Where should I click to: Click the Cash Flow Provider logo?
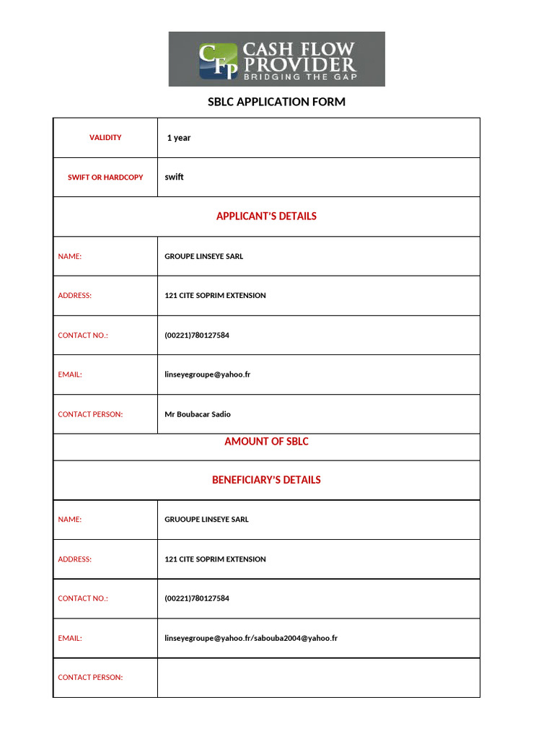click(277, 59)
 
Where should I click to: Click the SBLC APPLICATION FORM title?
click(277, 102)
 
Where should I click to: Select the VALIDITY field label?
click(105, 137)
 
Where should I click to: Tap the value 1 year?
click(179, 138)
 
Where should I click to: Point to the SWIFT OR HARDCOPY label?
click(105, 177)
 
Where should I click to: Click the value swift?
click(174, 177)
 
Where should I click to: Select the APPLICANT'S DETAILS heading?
click(266, 216)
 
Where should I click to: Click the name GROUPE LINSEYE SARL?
click(203, 256)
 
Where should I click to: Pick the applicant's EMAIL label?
click(70, 375)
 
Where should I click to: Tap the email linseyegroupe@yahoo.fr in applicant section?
click(207, 375)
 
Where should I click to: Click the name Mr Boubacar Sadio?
click(198, 414)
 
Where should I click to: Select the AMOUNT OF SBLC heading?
click(266, 441)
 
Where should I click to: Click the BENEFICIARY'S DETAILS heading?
click(266, 480)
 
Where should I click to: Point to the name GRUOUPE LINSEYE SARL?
click(206, 520)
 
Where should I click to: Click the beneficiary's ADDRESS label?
click(75, 559)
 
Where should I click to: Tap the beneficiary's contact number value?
click(196, 598)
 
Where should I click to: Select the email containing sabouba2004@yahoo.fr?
click(251, 638)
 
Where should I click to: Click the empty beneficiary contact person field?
click(318, 678)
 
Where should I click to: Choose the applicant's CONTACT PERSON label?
click(90, 414)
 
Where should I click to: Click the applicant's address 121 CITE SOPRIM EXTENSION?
click(215, 296)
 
